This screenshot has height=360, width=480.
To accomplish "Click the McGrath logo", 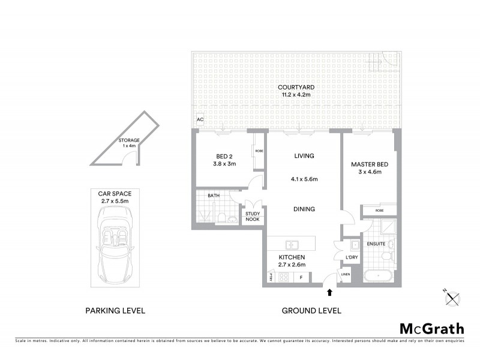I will click(x=431, y=328).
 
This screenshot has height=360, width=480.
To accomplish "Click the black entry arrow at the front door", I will click(x=329, y=293).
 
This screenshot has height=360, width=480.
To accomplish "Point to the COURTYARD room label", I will click(x=298, y=88).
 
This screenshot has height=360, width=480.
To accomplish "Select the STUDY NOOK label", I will click(x=251, y=216).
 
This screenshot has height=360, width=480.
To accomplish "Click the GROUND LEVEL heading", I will click(x=311, y=311).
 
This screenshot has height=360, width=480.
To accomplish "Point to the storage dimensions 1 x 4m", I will click(x=128, y=146).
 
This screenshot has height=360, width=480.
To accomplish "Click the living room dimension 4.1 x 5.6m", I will click(x=304, y=179).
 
